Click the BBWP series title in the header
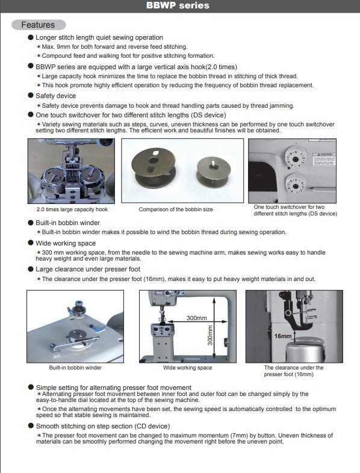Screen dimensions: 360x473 point(178,5)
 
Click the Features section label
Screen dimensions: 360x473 point(38,25)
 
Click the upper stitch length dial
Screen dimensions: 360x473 point(296,159)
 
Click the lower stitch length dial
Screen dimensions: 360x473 point(296,185)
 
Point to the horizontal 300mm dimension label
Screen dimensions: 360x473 point(197,318)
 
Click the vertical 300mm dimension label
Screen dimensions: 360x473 point(210,335)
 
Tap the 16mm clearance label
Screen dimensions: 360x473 point(283,336)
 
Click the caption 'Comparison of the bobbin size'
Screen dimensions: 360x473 point(176,209)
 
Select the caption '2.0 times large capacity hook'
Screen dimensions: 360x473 point(72,209)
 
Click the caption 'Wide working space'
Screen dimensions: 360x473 point(187,368)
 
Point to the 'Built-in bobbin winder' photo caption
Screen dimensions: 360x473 point(75,368)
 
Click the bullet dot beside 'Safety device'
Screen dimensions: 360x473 point(31,95)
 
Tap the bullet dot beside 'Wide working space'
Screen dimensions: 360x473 point(31,243)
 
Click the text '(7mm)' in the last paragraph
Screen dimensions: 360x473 point(237,435)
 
